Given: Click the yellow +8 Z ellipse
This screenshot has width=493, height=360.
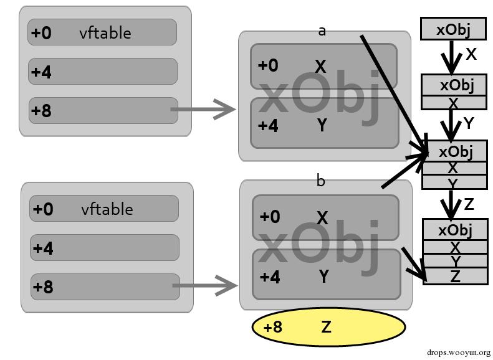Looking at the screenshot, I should coord(328,327).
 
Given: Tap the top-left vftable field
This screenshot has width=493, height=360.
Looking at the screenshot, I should coord(102,32).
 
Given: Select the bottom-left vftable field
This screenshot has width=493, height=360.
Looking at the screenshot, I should coord(103,209).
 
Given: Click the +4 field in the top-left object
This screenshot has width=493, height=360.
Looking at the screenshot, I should coord(103,72).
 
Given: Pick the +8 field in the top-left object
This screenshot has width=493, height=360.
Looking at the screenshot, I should coord(103,111).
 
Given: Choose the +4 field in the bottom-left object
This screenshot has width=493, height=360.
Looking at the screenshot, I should coord(105,248).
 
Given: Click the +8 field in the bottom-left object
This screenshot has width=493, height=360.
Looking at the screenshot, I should coord(105,287).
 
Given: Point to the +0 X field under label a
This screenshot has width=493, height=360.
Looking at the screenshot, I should coord(323,66).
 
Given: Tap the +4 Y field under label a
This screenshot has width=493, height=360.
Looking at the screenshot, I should coord(324,123).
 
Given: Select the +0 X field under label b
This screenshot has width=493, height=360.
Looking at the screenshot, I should coord(325,217).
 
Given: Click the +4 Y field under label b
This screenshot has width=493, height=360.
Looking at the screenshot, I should coord(326,275).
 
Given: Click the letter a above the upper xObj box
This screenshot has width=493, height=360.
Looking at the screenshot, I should coord(322,30).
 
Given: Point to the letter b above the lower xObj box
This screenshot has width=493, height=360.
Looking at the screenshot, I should coord(321,181).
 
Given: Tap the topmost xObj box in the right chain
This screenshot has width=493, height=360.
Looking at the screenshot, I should coord(453,29).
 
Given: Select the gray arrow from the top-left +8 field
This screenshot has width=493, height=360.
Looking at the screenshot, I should coord(203,111).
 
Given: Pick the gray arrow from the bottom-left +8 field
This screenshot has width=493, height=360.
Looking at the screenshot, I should coord(205,287).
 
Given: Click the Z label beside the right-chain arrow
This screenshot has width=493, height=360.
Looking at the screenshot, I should coord(469,204).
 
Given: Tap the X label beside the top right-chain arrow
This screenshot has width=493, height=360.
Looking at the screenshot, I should coord(471,55).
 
